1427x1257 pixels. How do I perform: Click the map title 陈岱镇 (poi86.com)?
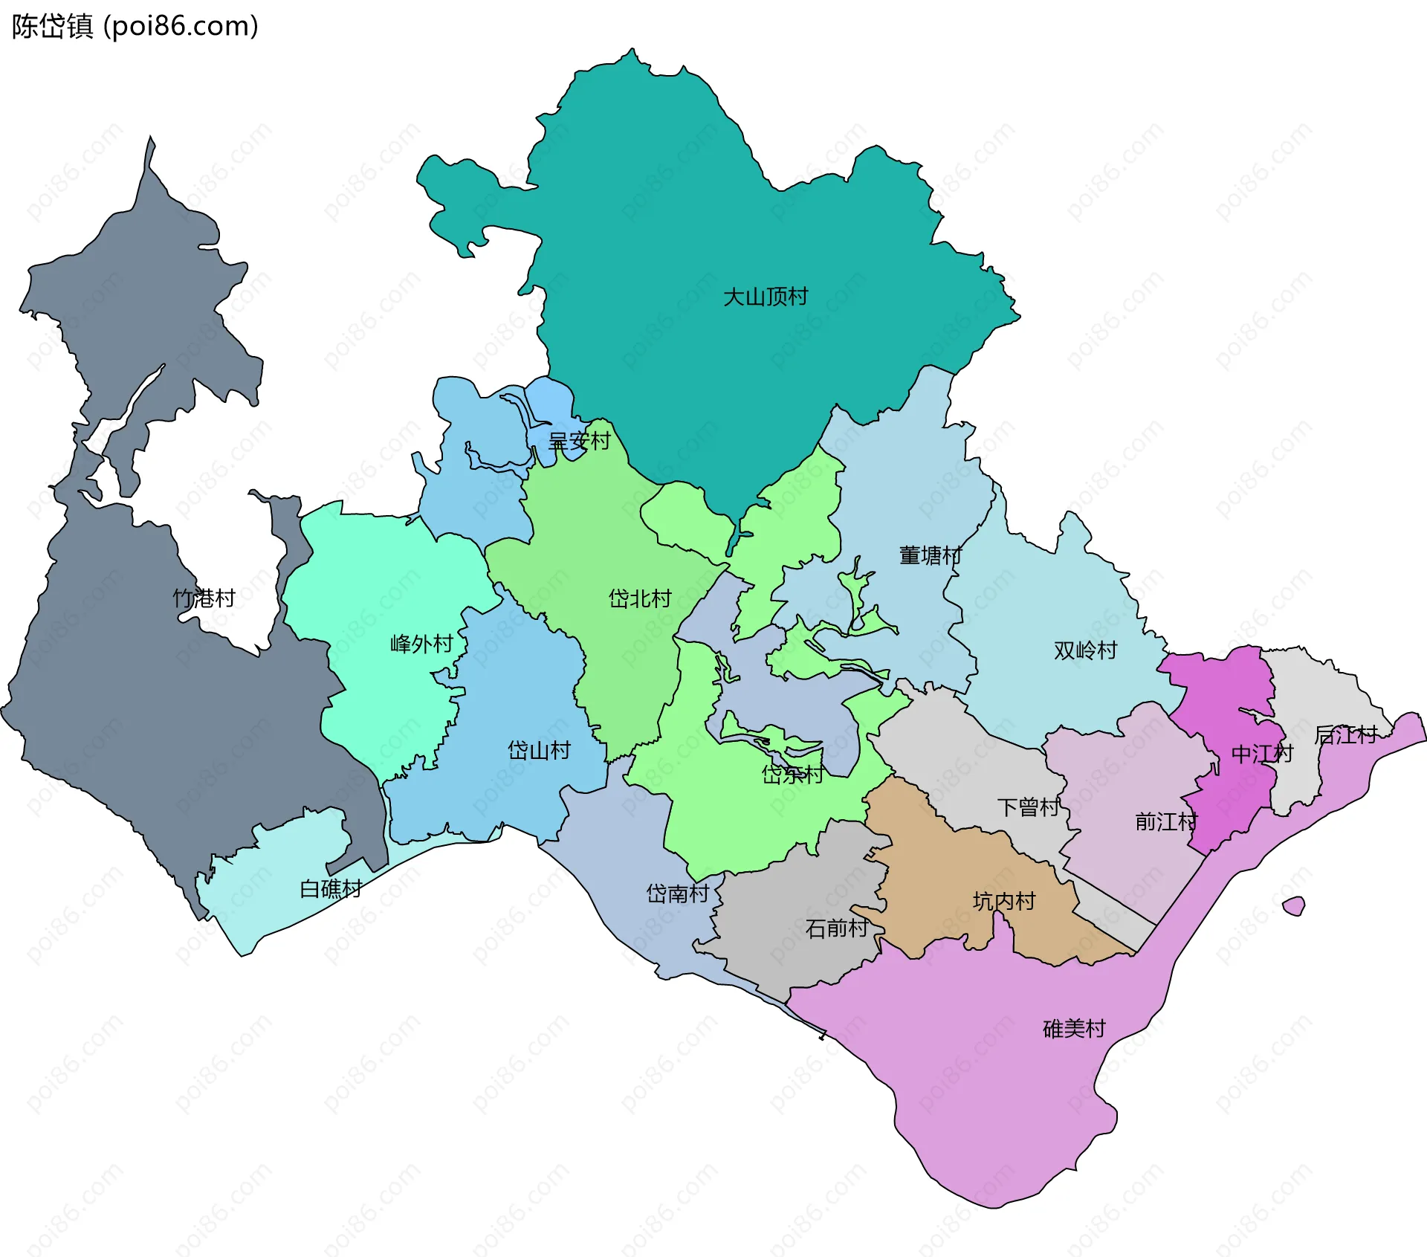tap(135, 26)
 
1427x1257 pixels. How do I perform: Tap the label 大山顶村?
tap(766, 297)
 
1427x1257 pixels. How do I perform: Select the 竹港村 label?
tap(204, 598)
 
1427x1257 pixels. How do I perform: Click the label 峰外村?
tap(421, 644)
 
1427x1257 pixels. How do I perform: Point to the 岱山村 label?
tap(539, 750)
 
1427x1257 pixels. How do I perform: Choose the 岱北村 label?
tap(639, 598)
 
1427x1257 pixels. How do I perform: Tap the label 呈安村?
tap(579, 442)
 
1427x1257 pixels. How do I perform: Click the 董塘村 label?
tap(931, 555)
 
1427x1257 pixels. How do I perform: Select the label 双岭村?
tap(1085, 650)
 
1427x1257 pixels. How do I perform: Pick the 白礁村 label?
tap(331, 889)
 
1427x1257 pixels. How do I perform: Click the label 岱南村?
tap(677, 894)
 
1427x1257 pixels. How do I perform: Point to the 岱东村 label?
tap(792, 775)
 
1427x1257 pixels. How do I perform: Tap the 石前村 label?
tap(837, 928)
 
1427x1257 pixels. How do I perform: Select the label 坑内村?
tap(1004, 902)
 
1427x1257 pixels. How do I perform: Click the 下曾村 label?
tap(1029, 807)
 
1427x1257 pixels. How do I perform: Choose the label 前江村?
tap(1166, 822)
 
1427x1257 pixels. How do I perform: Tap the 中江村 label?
tap(1262, 754)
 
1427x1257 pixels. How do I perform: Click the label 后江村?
tap(1345, 735)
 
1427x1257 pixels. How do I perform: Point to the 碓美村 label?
tap(1074, 1029)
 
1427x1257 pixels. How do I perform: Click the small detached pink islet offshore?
tap(1294, 906)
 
